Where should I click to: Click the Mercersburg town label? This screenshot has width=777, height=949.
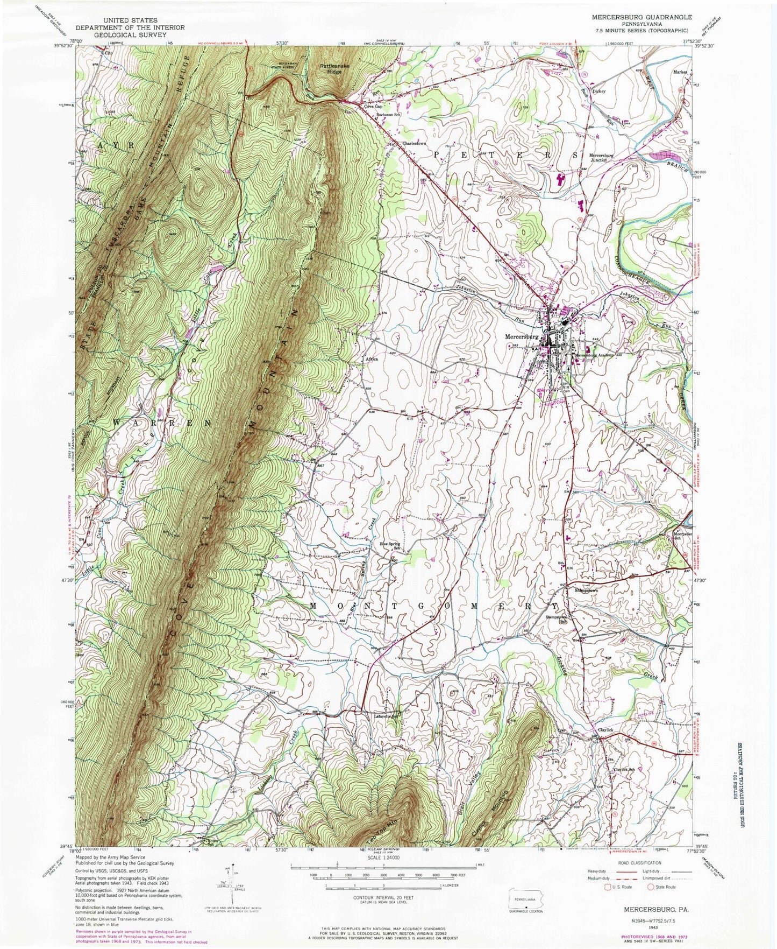click(521, 337)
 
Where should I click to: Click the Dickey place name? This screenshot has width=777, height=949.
click(598, 91)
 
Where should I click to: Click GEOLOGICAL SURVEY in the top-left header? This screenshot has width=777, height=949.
click(130, 34)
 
